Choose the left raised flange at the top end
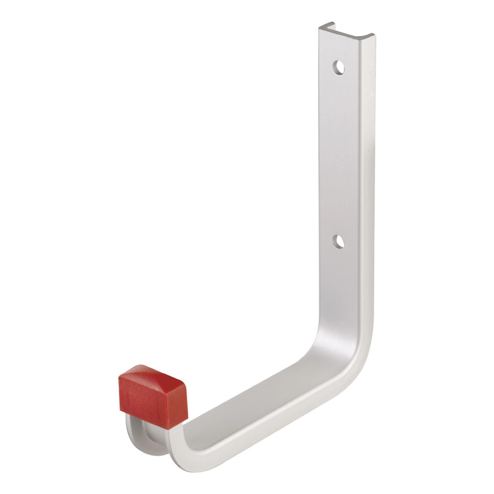325,28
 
